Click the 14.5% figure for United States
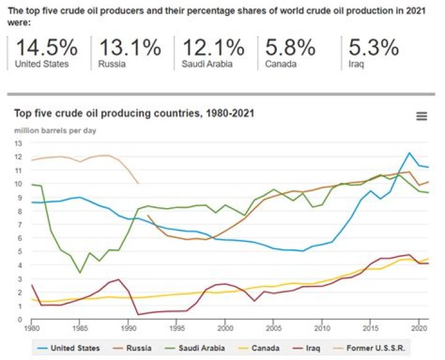click(x=46, y=48)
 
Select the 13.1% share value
click(x=129, y=48)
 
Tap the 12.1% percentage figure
click(x=214, y=48)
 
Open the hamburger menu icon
click(x=422, y=116)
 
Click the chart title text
click(x=134, y=114)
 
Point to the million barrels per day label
click(x=55, y=130)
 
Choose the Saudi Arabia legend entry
click(x=201, y=348)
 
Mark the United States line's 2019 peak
click(x=409, y=153)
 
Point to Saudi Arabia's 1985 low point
click(x=80, y=273)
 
